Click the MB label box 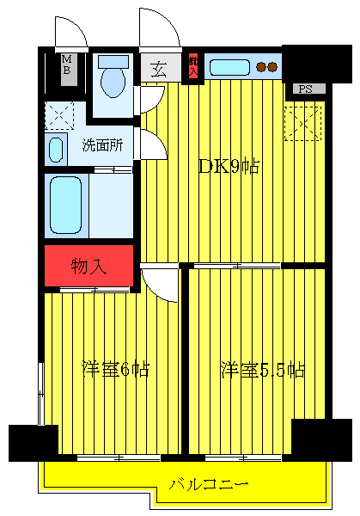[x=66, y=66]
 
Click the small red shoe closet [x=193, y=66]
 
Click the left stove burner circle [x=261, y=66]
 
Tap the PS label [x=306, y=89]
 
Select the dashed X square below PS [x=304, y=120]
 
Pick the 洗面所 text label [x=102, y=144]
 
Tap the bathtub [x=65, y=205]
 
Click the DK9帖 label [x=229, y=167]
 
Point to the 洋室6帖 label [x=115, y=370]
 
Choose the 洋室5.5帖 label [x=262, y=370]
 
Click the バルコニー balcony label [x=209, y=484]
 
